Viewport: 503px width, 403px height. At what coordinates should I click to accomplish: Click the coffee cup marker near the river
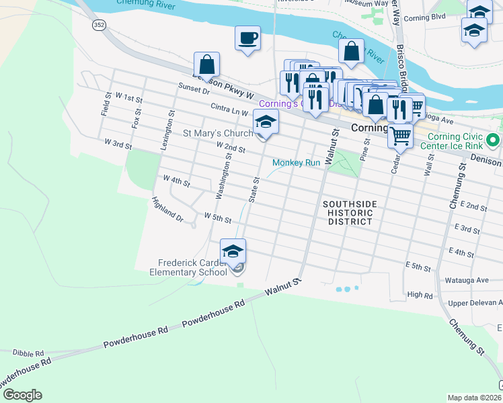[x=247, y=37]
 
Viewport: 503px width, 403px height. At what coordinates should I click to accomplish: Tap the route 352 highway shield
[x=99, y=24]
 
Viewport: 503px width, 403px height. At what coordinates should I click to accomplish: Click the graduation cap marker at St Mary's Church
[x=266, y=123]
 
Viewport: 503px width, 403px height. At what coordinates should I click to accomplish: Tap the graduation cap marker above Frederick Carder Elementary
[x=233, y=252]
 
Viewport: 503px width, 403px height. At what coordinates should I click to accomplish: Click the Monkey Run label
[x=296, y=163]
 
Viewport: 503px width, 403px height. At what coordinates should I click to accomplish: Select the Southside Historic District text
[x=349, y=212]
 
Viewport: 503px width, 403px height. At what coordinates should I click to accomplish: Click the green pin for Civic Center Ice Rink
[x=493, y=142]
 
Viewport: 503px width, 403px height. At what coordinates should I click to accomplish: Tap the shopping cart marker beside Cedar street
[x=401, y=136]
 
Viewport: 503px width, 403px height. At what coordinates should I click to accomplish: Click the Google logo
[x=22, y=395]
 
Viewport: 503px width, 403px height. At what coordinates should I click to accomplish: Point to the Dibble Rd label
[x=28, y=352]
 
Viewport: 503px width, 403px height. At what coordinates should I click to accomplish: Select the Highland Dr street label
[x=167, y=210]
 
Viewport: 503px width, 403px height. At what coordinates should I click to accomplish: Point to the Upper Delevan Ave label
[x=475, y=304]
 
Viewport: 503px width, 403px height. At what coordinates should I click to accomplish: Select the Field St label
[x=106, y=104]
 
